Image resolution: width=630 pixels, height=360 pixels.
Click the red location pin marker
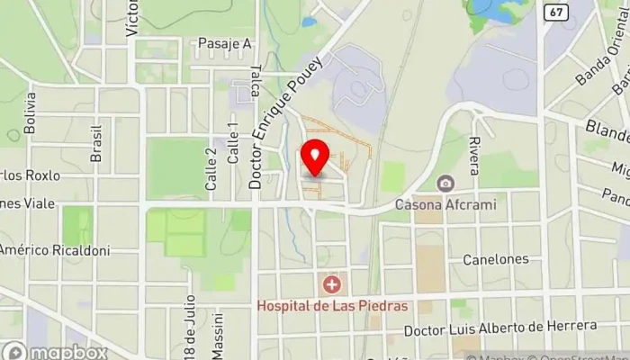tap(315, 157)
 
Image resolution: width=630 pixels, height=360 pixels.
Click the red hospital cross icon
tap(332, 285)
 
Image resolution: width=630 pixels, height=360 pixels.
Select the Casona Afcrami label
tap(445, 204)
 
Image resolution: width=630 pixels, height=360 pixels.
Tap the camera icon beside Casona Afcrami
tap(445, 184)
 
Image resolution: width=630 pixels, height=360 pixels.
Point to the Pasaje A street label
tap(224, 43)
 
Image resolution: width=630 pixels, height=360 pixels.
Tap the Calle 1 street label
tap(232, 142)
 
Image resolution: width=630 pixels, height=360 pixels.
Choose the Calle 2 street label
tap(211, 168)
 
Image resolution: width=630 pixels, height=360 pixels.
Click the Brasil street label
tap(96, 143)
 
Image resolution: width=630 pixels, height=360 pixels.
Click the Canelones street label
tap(495, 259)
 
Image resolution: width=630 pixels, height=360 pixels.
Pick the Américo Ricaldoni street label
tap(54, 250)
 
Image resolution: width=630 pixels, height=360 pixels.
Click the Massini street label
tap(217, 335)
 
